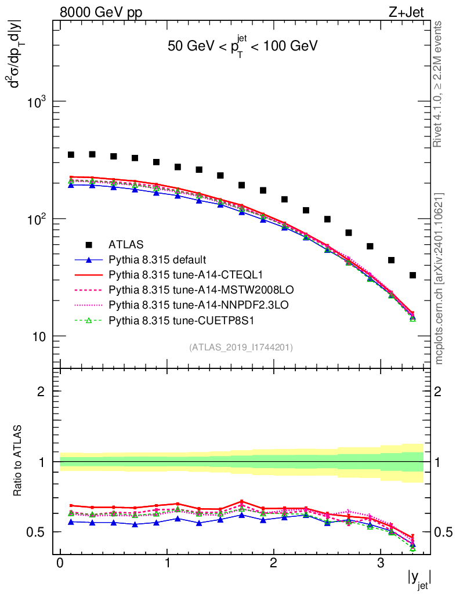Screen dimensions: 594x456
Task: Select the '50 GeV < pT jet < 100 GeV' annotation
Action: [x=242, y=46]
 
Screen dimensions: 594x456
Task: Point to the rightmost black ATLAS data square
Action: [x=412, y=275]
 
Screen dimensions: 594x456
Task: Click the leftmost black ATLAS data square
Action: [x=71, y=155]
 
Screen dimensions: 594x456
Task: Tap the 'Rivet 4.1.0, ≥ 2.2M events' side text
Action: [x=438, y=84]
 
